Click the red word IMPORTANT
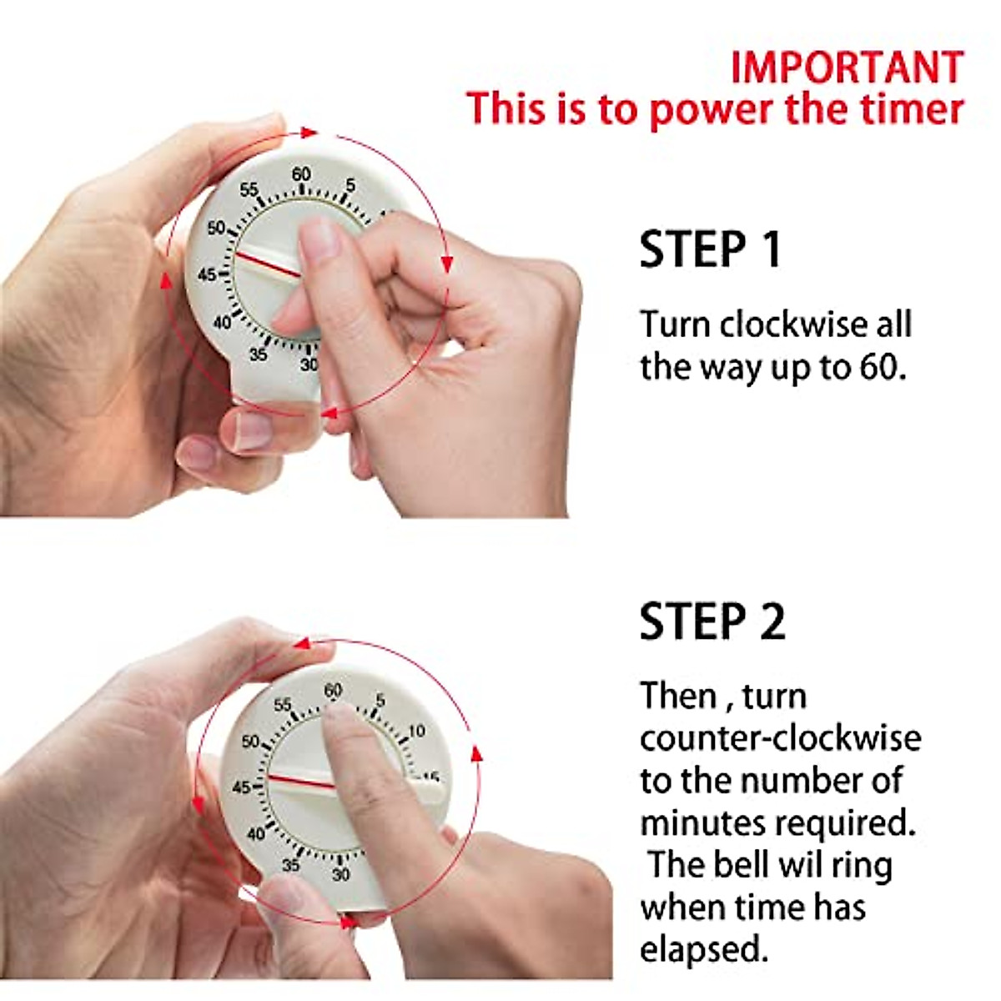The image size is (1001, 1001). point(847,68)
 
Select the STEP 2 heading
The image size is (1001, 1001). point(712,621)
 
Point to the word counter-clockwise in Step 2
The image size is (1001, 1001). point(780,738)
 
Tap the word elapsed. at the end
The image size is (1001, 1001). point(703,949)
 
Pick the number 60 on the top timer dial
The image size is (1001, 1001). point(301,174)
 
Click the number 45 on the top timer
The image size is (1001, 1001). point(207,274)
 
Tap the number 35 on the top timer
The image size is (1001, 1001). point(258,355)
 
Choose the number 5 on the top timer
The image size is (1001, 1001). point(350,185)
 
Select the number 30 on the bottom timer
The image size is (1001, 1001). point(340,875)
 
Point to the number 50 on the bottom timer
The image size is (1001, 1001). point(250,741)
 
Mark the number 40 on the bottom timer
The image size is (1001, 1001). point(255,833)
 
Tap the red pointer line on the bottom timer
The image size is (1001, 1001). point(301,782)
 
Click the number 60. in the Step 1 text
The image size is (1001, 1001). point(882,367)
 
